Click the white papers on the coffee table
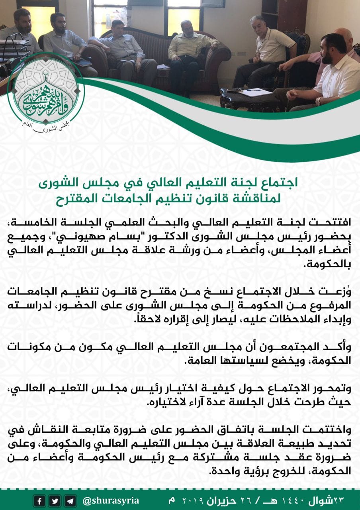coord(256,92)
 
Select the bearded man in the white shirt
coord(335,72)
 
